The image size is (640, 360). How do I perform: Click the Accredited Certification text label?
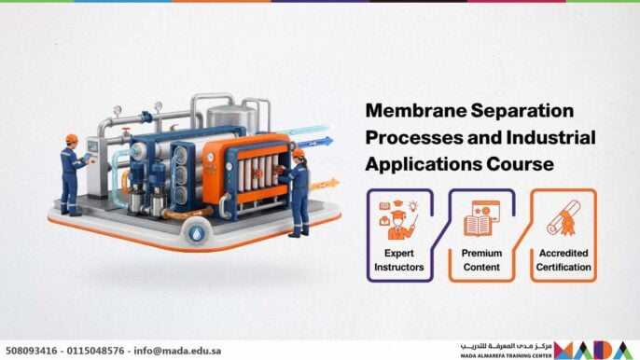click(x=563, y=259)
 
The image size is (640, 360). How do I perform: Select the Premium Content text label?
click(x=482, y=259)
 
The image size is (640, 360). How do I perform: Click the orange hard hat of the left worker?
click(x=72, y=139)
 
